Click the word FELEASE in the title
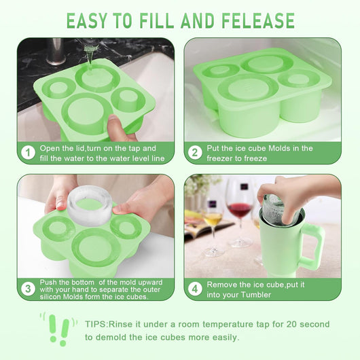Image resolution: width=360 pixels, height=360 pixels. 258,20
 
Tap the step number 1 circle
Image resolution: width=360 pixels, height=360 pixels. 28,153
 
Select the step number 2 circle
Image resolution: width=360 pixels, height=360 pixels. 195,153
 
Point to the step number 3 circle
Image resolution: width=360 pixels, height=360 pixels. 28,289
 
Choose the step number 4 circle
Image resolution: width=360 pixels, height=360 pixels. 195,289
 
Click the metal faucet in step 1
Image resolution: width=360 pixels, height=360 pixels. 56,52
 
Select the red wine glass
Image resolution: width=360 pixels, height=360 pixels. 240,213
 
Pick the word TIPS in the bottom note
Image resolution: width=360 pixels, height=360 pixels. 96,324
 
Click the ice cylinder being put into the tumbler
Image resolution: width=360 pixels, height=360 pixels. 281,210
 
